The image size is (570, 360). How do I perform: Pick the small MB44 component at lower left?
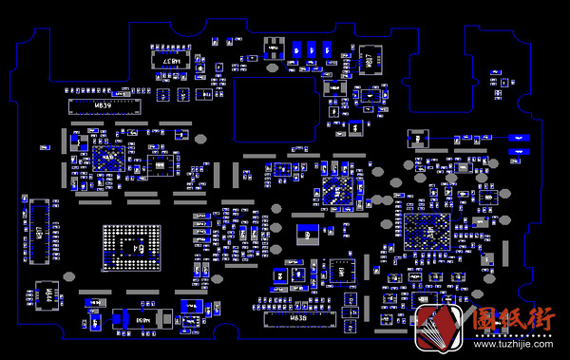point(43,297)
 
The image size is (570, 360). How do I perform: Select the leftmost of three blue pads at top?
point(299,50)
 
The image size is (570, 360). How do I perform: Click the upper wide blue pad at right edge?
point(518,139)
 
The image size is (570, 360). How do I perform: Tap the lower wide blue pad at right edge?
point(518,152)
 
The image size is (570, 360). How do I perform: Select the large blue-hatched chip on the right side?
point(427,232)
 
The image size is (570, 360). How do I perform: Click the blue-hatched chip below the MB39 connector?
point(107,157)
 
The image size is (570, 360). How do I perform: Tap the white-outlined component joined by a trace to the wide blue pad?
point(414,139)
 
